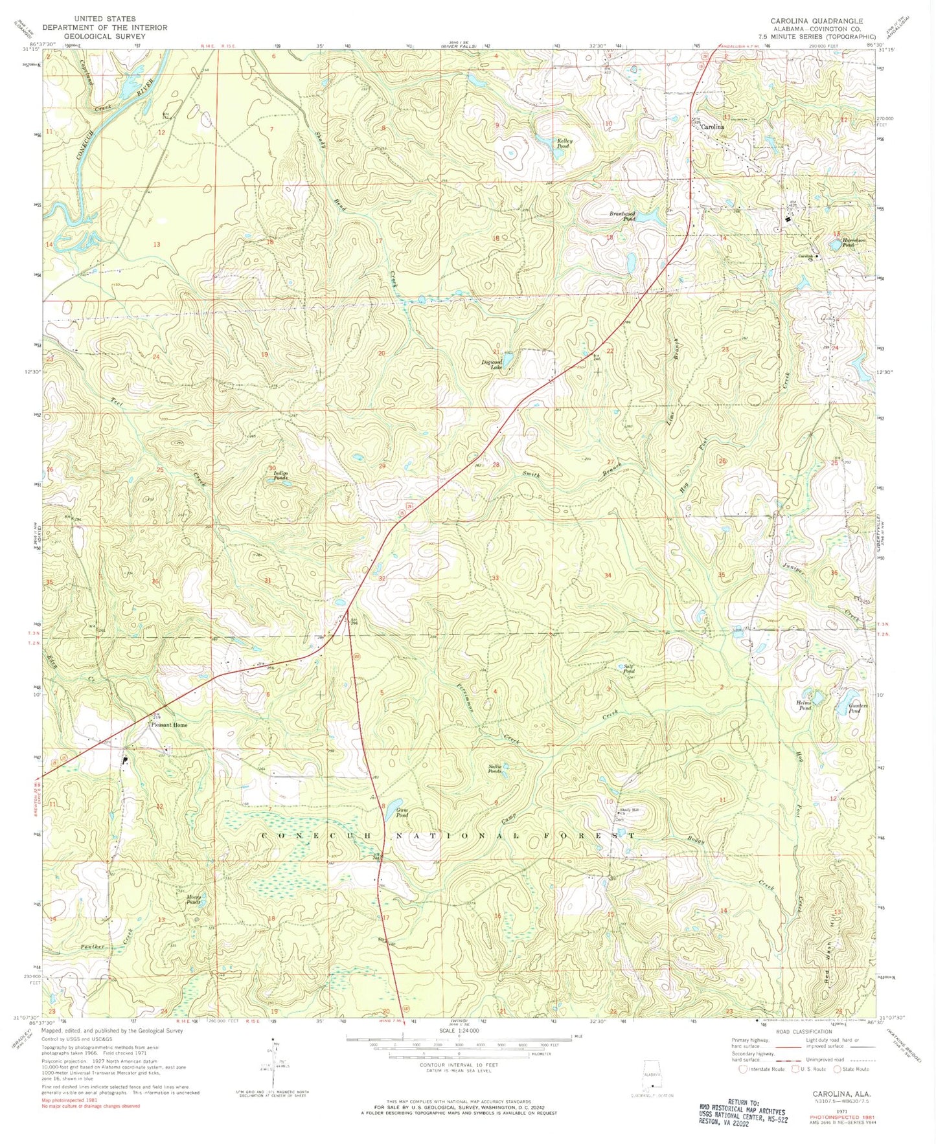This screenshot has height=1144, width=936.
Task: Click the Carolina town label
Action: click(x=713, y=128)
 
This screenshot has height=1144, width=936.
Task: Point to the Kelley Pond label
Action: click(x=561, y=144)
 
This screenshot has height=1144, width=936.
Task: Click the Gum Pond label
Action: click(x=402, y=813)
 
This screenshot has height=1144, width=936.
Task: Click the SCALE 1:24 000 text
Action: click(x=459, y=1030)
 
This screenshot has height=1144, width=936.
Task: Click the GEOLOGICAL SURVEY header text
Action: click(x=104, y=36)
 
